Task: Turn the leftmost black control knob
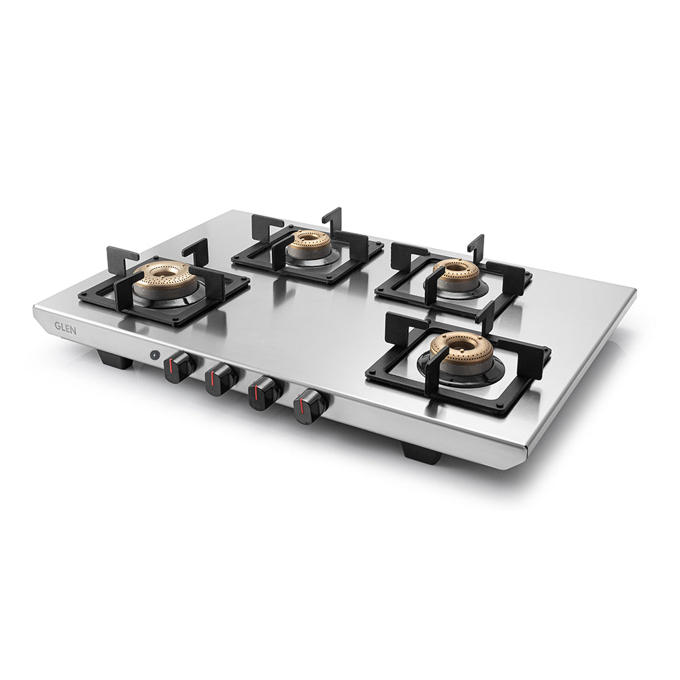[x=178, y=368]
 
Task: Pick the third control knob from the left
[x=264, y=393]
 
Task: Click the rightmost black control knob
[x=309, y=406]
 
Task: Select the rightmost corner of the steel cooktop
[x=635, y=291]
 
